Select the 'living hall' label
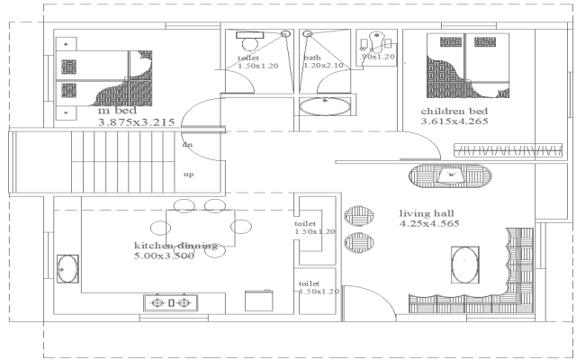[426, 213]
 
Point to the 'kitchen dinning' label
[175, 245]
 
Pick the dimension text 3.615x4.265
[454, 121]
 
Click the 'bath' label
[310, 57]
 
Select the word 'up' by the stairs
[189, 175]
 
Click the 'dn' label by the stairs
[187, 144]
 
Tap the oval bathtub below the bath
[325, 107]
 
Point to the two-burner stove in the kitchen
[171, 303]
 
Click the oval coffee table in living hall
[464, 266]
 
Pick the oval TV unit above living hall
[452, 176]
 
